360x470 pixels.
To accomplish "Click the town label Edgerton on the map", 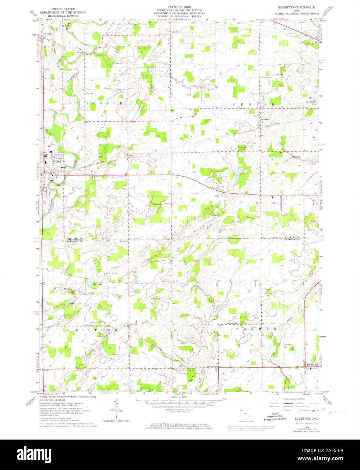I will (x=58, y=162).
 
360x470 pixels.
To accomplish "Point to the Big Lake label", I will (x=97, y=284).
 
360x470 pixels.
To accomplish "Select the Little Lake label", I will (x=75, y=304).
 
